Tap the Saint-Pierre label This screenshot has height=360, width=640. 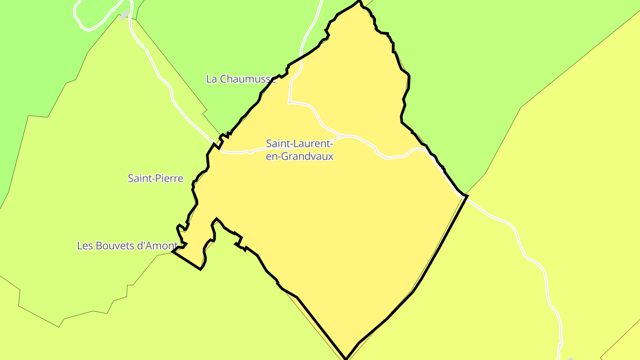coord(155,179)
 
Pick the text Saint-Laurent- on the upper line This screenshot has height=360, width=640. coord(299,144)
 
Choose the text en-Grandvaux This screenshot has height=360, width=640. coord(299,156)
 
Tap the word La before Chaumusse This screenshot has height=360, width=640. coord(212,79)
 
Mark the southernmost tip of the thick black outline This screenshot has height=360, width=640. coord(346,359)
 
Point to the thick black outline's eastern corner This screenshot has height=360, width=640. coord(467,196)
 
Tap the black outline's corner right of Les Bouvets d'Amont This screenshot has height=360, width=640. coord(172,252)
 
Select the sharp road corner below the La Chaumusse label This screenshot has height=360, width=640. coord(289,102)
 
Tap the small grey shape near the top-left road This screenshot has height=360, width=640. coord(124,15)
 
